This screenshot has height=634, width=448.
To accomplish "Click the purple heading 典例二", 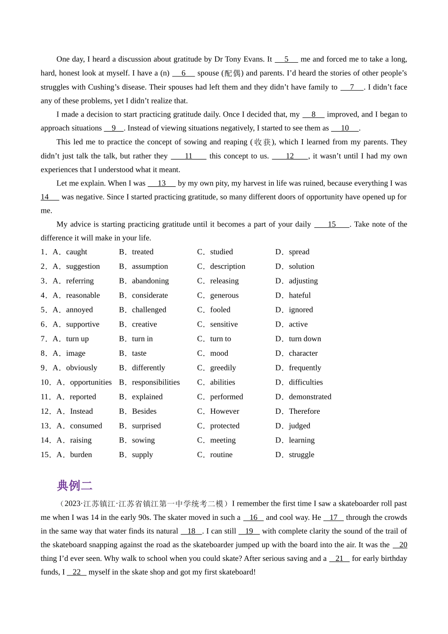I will [75, 485].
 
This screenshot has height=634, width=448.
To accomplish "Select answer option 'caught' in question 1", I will [76, 252].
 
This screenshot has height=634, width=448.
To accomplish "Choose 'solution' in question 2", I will [301, 267].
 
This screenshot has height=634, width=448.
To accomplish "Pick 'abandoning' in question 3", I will [150, 281].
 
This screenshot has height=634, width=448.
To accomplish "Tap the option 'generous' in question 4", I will [224, 295].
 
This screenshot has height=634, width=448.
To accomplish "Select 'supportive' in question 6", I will [83, 325].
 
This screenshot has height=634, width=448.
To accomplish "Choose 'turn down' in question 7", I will [305, 339].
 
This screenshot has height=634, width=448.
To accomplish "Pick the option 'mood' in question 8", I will [219, 353].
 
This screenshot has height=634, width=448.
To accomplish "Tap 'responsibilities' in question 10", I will [156, 383].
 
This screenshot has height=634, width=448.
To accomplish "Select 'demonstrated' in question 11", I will [310, 397].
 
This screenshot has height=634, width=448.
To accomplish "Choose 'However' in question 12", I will [224, 411].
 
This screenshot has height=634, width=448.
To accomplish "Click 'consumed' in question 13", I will [86, 426].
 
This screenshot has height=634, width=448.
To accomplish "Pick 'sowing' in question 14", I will [143, 440].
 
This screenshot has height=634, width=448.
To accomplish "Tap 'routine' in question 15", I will [221, 455].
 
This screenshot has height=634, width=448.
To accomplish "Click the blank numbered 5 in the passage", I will [286, 59].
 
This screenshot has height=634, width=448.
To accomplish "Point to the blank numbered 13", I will [162, 184].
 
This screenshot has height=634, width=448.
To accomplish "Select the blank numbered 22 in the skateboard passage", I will [76, 572].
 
